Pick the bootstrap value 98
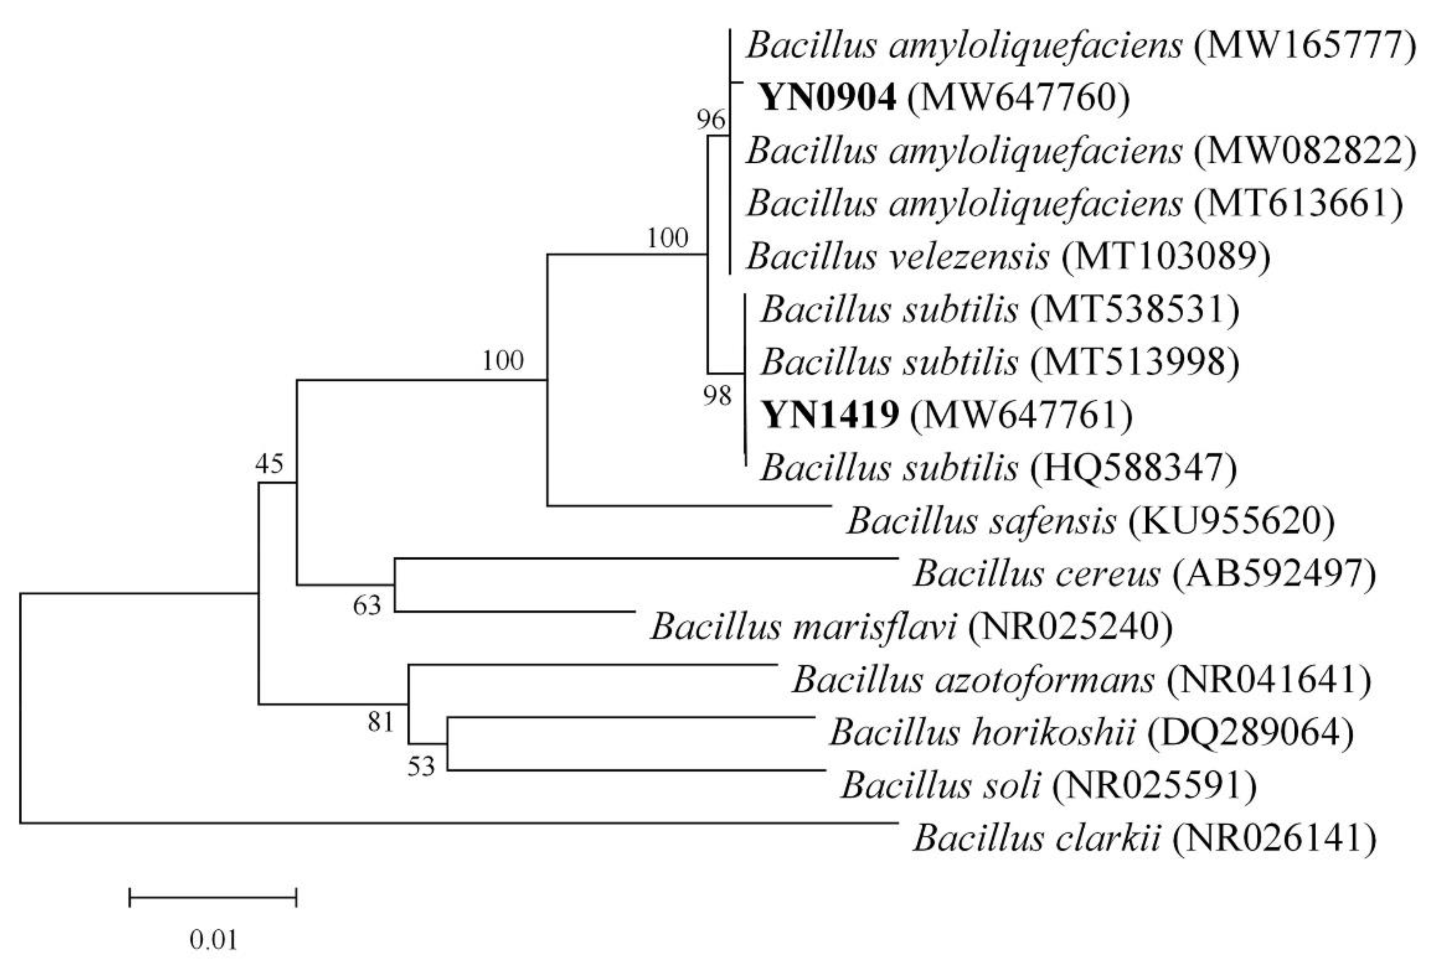tap(717, 396)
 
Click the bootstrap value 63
tap(367, 606)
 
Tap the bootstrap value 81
tap(380, 721)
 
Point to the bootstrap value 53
tap(421, 766)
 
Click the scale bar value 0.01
tap(213, 941)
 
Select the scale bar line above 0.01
tap(213, 897)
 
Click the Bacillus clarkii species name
tap(1037, 838)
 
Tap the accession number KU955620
tap(1231, 521)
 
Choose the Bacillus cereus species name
tap(1037, 573)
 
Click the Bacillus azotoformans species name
tap(973, 680)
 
